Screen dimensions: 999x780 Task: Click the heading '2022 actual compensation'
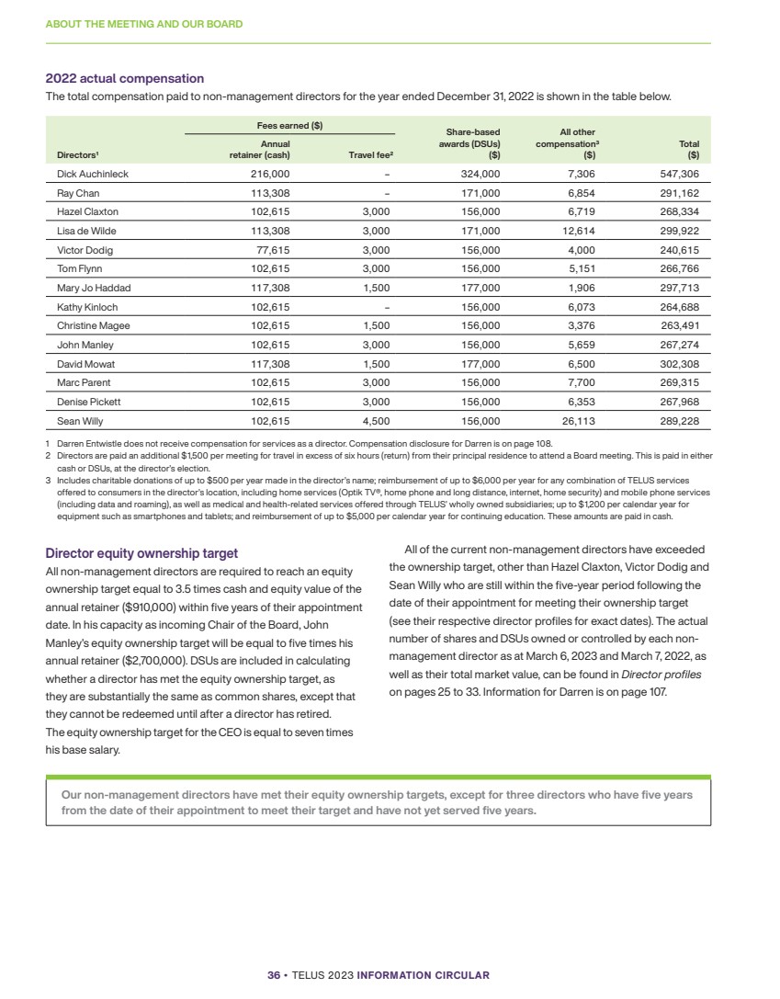(125, 79)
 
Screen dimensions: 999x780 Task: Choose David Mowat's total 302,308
(680, 364)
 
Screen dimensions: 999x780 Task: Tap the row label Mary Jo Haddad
(88, 288)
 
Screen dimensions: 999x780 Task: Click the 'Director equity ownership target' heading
(141, 553)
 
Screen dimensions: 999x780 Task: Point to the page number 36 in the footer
(273, 975)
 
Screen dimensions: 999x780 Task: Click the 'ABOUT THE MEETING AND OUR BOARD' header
(143, 24)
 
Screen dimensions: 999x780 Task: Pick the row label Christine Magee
(93, 326)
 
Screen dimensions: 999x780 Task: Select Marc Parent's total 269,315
(680, 383)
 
